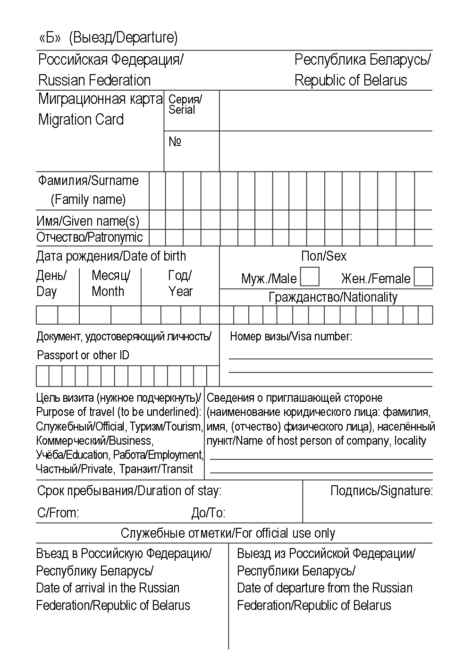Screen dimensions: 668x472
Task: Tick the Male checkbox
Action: tap(310, 277)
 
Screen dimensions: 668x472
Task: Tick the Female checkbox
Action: tap(423, 277)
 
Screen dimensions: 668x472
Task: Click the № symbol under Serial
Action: tap(175, 142)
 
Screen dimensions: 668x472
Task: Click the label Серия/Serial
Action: tap(184, 104)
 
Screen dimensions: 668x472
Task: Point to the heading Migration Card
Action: tap(81, 119)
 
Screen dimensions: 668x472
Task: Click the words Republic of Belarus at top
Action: tap(350, 80)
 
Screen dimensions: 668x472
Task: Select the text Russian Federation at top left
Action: tap(94, 80)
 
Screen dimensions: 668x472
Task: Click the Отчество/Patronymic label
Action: tap(90, 237)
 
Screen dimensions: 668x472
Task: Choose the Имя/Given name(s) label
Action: tap(88, 220)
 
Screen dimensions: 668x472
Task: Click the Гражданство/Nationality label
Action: tap(333, 297)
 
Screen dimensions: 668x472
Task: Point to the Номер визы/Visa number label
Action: tap(291, 337)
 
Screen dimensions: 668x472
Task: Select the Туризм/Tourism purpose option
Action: tap(166, 427)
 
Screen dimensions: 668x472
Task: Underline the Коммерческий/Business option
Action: tap(94, 441)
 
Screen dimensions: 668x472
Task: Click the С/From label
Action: tap(58, 513)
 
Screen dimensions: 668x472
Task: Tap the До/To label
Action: tap(208, 513)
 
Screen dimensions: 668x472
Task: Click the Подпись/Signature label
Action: tap(381, 491)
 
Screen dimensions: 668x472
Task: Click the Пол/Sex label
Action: tap(324, 256)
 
